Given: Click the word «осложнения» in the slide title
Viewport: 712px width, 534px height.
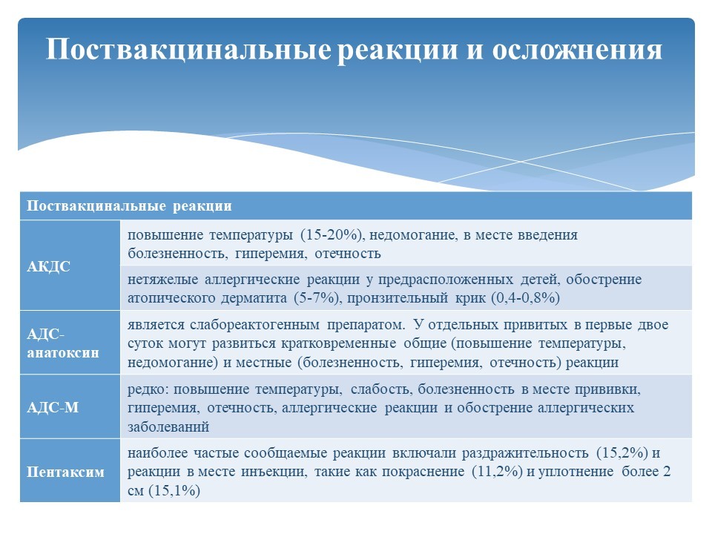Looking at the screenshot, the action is click(x=577, y=49).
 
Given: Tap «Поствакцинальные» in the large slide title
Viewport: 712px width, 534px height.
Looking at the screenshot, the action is click(x=188, y=49).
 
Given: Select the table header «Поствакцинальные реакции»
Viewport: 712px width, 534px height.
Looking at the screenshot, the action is click(x=129, y=206).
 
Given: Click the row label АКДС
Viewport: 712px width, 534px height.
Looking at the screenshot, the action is click(x=49, y=266).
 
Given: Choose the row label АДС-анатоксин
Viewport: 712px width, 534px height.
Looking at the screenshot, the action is click(x=63, y=343).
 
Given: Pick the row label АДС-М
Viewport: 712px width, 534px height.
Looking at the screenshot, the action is click(x=53, y=407).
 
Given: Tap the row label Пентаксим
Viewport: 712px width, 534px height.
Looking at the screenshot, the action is click(x=65, y=472).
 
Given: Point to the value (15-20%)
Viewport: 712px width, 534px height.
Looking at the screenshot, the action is click(x=333, y=235).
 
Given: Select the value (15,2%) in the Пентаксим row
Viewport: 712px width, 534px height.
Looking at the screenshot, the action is click(x=622, y=452).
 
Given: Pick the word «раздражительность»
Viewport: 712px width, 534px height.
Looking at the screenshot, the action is click(x=525, y=453).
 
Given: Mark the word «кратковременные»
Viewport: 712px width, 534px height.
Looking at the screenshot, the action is click(x=338, y=343).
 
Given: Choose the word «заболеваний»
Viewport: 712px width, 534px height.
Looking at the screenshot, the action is click(x=168, y=427).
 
